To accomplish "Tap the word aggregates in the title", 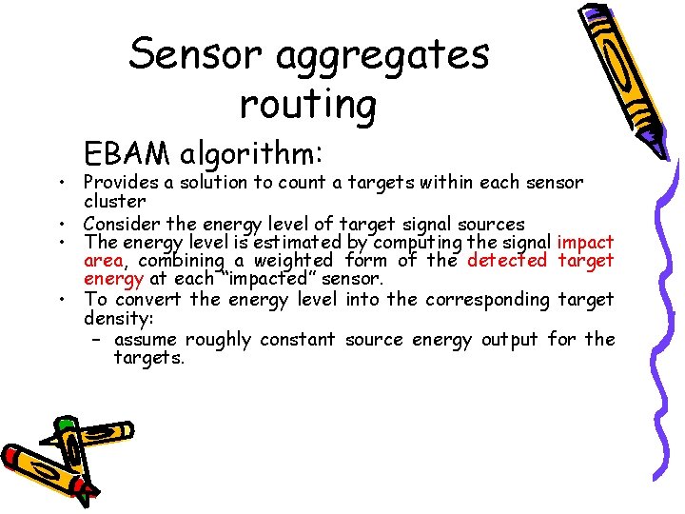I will (x=382, y=55).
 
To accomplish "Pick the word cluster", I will (x=114, y=202).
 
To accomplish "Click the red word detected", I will (x=507, y=260).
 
